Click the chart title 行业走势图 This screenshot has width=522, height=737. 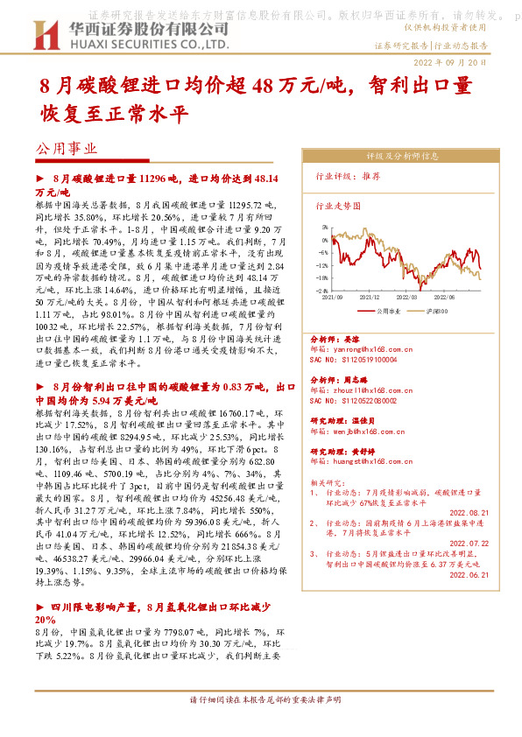click(337, 207)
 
